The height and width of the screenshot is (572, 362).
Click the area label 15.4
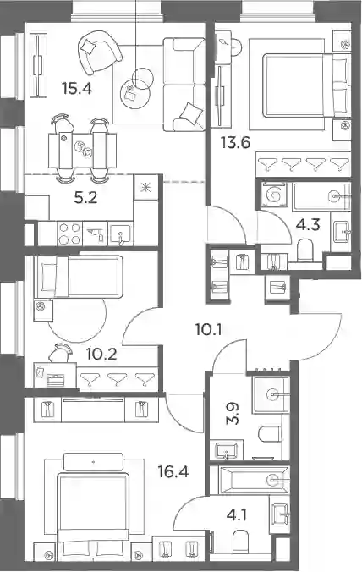(77, 88)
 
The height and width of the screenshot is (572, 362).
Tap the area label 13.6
(235, 142)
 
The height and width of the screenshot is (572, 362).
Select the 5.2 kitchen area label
(85, 198)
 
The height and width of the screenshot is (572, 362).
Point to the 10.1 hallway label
(209, 330)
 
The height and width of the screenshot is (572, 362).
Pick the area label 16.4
(173, 472)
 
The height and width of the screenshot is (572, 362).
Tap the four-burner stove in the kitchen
(69, 234)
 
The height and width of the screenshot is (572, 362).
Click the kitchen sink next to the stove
(121, 234)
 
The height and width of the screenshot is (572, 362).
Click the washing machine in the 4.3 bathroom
(274, 195)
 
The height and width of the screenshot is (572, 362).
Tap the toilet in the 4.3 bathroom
(305, 250)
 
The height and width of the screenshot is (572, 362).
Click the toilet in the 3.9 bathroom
(270, 434)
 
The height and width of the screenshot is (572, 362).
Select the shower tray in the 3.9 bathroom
(271, 394)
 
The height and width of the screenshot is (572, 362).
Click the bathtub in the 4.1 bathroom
(254, 480)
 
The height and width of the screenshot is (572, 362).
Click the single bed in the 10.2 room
(78, 277)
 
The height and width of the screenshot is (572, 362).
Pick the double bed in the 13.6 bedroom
(306, 85)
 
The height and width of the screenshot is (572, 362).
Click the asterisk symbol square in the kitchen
(146, 187)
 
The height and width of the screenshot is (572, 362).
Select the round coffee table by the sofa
(134, 93)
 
